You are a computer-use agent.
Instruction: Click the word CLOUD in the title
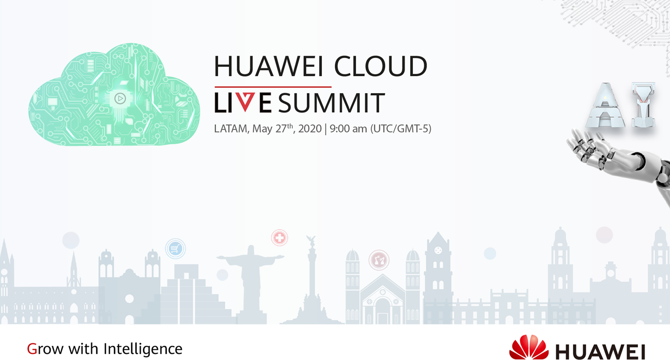(x=380, y=66)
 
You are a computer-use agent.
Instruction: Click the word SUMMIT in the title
(x=332, y=103)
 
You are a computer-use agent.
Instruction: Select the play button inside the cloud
(x=120, y=98)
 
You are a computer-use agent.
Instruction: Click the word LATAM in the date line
(x=231, y=129)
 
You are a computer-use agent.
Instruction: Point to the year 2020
(x=310, y=129)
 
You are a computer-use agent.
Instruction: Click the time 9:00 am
(x=348, y=129)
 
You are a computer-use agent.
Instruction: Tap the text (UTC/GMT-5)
(x=401, y=129)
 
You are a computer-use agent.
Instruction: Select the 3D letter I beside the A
(x=643, y=105)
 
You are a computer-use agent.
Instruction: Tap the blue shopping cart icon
(x=176, y=248)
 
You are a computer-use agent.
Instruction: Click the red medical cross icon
(x=279, y=238)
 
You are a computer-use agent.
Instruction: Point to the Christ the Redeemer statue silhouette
(x=251, y=281)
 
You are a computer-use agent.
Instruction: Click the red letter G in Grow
(x=32, y=349)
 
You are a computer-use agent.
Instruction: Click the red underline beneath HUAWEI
(x=273, y=87)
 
